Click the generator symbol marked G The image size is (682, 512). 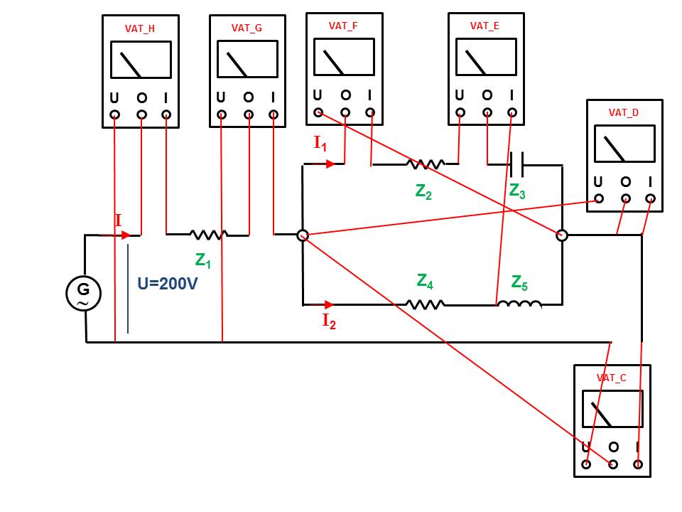pos(83,292)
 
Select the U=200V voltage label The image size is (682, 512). pos(168,284)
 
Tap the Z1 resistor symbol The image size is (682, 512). pos(207,233)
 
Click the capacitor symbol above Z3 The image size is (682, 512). pos(516,165)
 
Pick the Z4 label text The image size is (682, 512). pos(425,282)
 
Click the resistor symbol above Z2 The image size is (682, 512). pos(426,164)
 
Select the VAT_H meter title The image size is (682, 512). pos(141,28)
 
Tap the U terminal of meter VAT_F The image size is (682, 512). pos(318,112)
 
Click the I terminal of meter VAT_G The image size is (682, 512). pos(274,114)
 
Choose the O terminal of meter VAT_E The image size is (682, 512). pos(487,112)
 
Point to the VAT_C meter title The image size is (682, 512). pos(612,378)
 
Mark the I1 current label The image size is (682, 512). pos(320,143)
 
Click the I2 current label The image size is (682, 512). pos(329,321)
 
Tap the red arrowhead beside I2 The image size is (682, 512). pos(329,304)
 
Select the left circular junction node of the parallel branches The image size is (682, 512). pos(302,235)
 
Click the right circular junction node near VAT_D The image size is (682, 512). pos(561,235)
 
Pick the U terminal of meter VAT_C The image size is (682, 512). pos(586,464)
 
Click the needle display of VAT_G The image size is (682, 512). pos(247,59)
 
